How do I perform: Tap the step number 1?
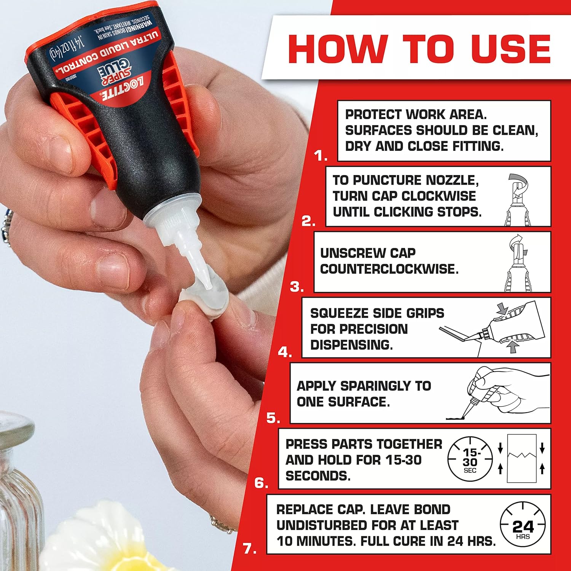pos(321,156)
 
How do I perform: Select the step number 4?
pos(284,352)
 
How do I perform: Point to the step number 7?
pos(249,549)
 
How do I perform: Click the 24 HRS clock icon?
pos(523,524)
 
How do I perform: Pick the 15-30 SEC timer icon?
pos(470,459)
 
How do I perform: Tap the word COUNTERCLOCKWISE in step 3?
pos(389,269)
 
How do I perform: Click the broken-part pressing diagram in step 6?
pos(522,459)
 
